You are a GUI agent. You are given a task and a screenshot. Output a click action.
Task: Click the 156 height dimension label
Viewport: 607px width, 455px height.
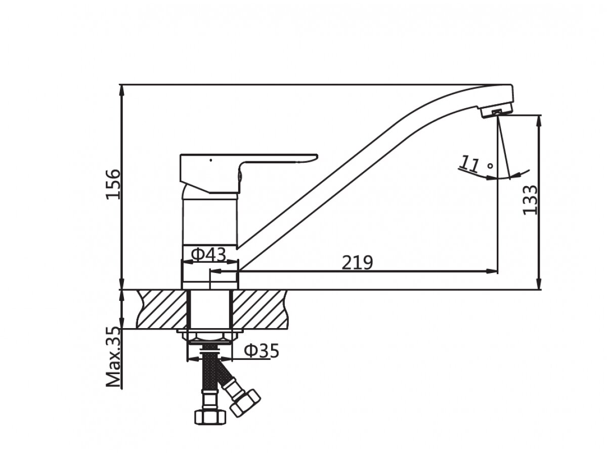pyautogui.click(x=113, y=183)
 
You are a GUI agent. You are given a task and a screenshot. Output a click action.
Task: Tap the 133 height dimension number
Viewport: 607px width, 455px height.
pyautogui.click(x=531, y=200)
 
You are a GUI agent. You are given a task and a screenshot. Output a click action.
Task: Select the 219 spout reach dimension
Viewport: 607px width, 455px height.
pyautogui.click(x=357, y=262)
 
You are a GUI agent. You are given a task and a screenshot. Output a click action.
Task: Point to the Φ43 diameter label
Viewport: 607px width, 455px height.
pyautogui.click(x=208, y=254)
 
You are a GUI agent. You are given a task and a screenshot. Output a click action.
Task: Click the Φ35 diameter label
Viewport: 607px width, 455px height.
pyautogui.click(x=261, y=350)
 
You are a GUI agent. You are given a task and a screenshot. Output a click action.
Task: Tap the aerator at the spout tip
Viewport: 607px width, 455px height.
pyautogui.click(x=495, y=112)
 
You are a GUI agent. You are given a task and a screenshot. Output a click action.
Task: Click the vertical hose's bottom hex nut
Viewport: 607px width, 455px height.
pyautogui.click(x=208, y=417)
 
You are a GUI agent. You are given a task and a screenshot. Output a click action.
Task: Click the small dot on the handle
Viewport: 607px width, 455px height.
pyautogui.click(x=210, y=160)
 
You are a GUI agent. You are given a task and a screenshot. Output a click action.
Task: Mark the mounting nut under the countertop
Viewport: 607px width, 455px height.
pyautogui.click(x=209, y=336)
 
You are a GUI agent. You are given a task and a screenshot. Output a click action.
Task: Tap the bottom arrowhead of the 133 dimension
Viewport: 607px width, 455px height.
pyautogui.click(x=540, y=285)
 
